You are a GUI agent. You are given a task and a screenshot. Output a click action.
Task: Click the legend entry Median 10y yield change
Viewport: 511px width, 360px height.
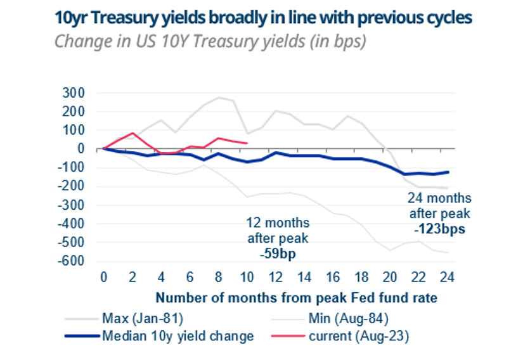[178, 336]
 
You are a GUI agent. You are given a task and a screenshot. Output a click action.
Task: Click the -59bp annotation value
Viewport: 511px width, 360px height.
[276, 254]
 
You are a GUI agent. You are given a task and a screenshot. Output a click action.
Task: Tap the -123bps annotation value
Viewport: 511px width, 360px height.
[437, 229]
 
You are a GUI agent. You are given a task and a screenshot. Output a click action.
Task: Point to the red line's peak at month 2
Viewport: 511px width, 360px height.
[133, 133]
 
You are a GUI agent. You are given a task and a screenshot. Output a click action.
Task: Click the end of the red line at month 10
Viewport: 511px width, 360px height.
[247, 143]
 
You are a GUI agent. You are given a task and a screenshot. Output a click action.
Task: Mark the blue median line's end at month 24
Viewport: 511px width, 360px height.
[448, 172]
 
